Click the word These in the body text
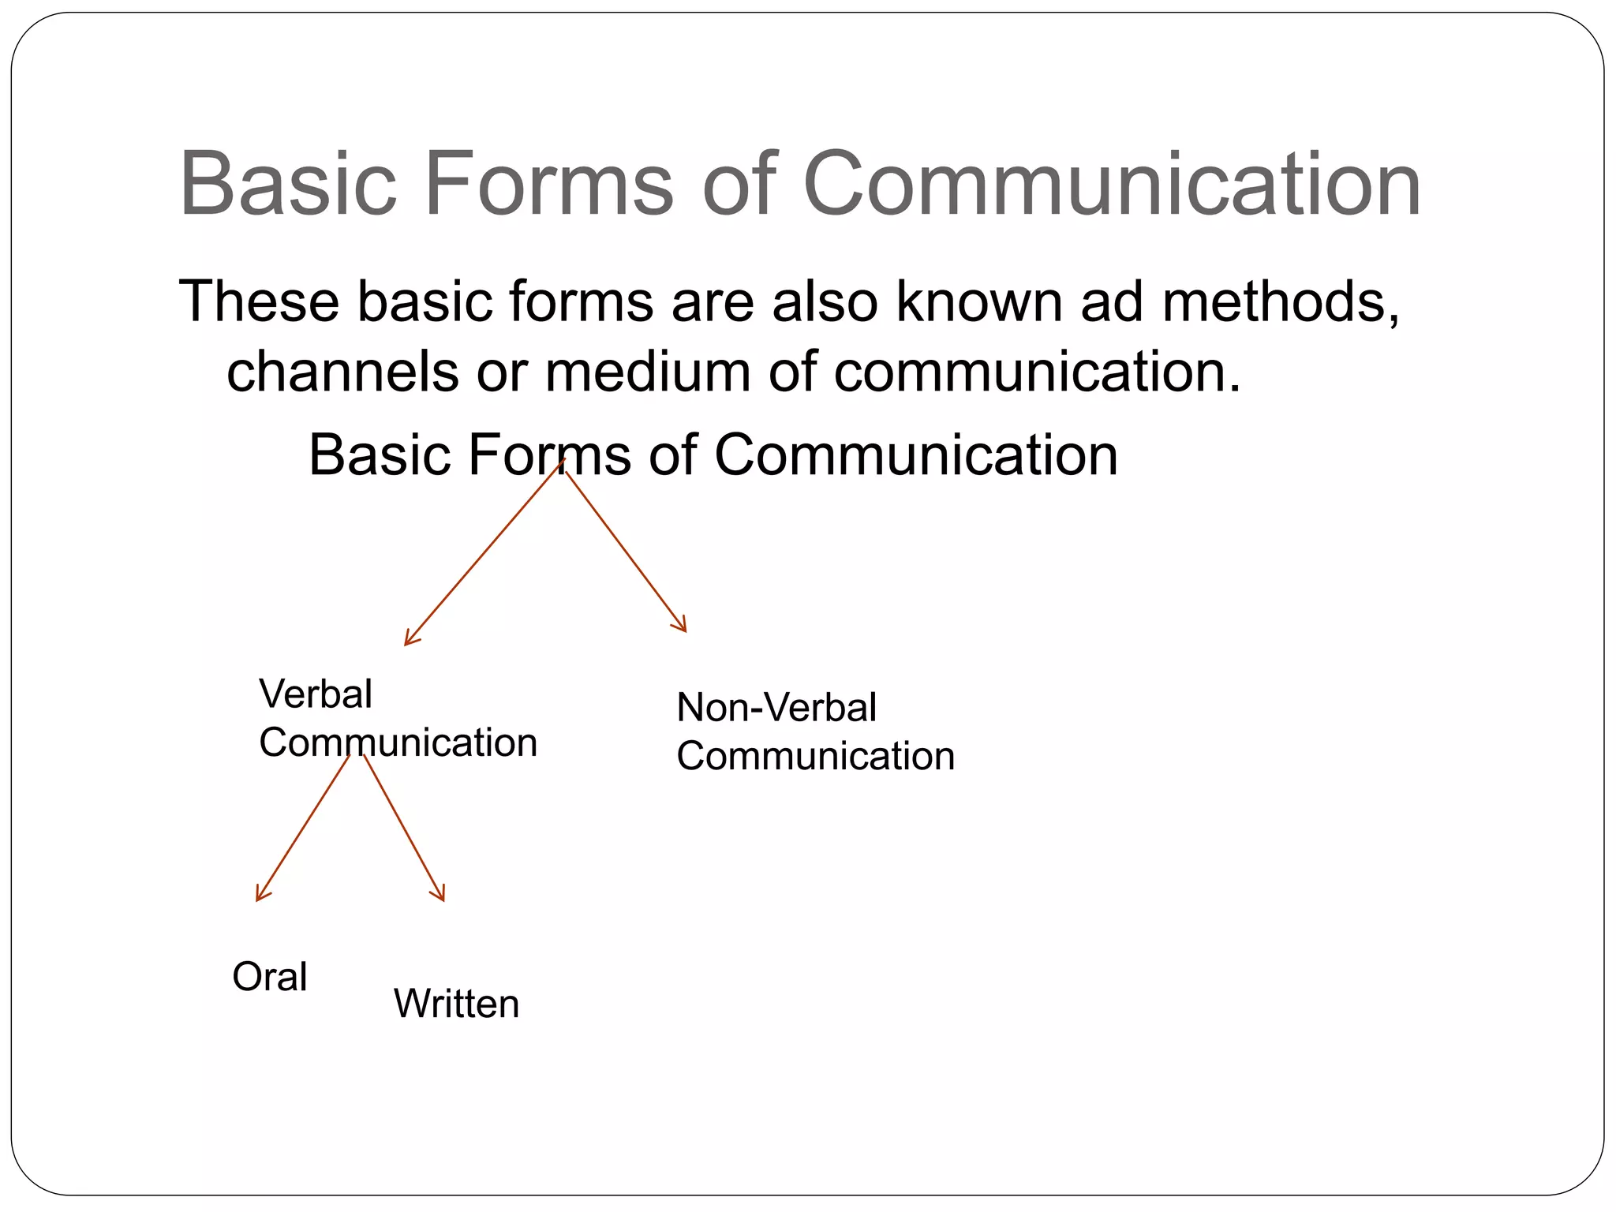[x=259, y=301]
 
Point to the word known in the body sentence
[x=979, y=301]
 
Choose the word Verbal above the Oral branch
[x=316, y=694]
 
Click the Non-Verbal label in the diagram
[x=776, y=707]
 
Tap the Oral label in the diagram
[x=270, y=977]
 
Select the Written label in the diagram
[x=456, y=1004]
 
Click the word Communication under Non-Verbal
[x=816, y=756]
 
